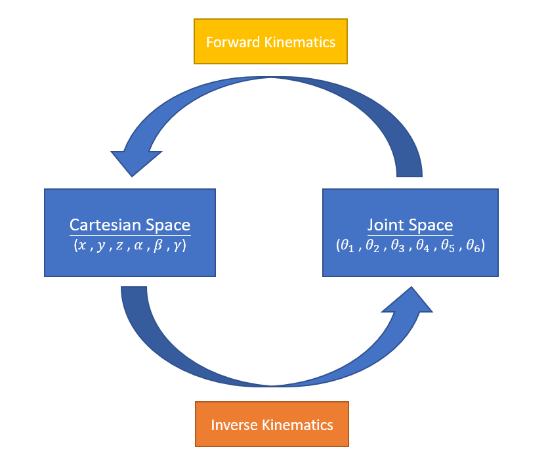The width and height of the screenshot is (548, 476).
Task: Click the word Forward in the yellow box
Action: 232,42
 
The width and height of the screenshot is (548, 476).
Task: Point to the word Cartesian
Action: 105,225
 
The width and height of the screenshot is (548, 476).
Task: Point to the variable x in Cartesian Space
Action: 81,246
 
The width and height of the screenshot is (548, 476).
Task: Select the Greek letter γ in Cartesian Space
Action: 177,247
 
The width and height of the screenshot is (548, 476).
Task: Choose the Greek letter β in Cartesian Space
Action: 158,246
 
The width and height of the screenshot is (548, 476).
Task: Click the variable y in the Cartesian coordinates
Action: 100,247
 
